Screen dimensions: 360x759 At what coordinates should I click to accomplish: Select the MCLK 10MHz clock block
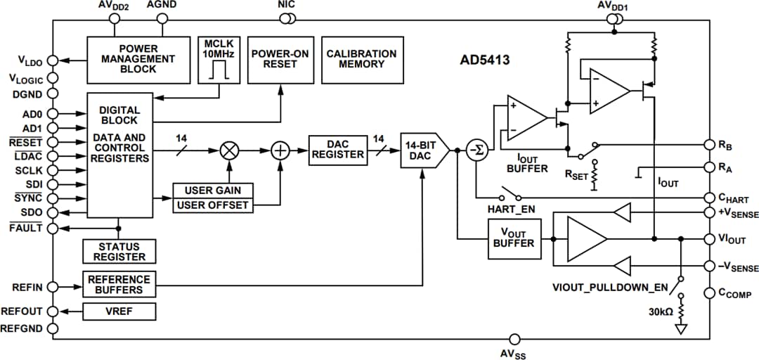[220, 60]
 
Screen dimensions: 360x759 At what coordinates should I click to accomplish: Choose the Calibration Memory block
[361, 60]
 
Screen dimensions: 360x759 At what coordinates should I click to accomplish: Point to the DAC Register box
[338, 149]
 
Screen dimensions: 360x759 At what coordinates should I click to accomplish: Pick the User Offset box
[212, 205]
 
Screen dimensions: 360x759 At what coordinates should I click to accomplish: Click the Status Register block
[119, 251]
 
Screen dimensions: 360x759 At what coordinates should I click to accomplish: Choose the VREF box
[119, 311]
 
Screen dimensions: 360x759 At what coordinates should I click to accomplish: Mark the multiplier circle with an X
[228, 149]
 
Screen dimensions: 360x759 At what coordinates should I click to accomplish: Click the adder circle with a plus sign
[280, 149]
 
